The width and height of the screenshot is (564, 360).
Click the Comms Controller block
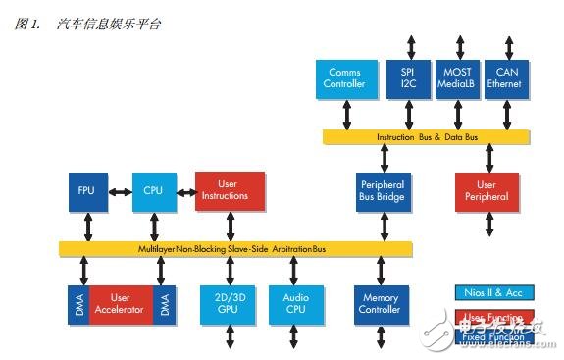click(344, 78)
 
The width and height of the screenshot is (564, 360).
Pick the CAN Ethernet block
click(508, 78)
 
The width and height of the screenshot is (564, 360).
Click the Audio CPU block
click(295, 305)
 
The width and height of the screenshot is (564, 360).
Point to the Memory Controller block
click(379, 305)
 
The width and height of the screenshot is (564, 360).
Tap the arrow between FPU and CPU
click(120, 190)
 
